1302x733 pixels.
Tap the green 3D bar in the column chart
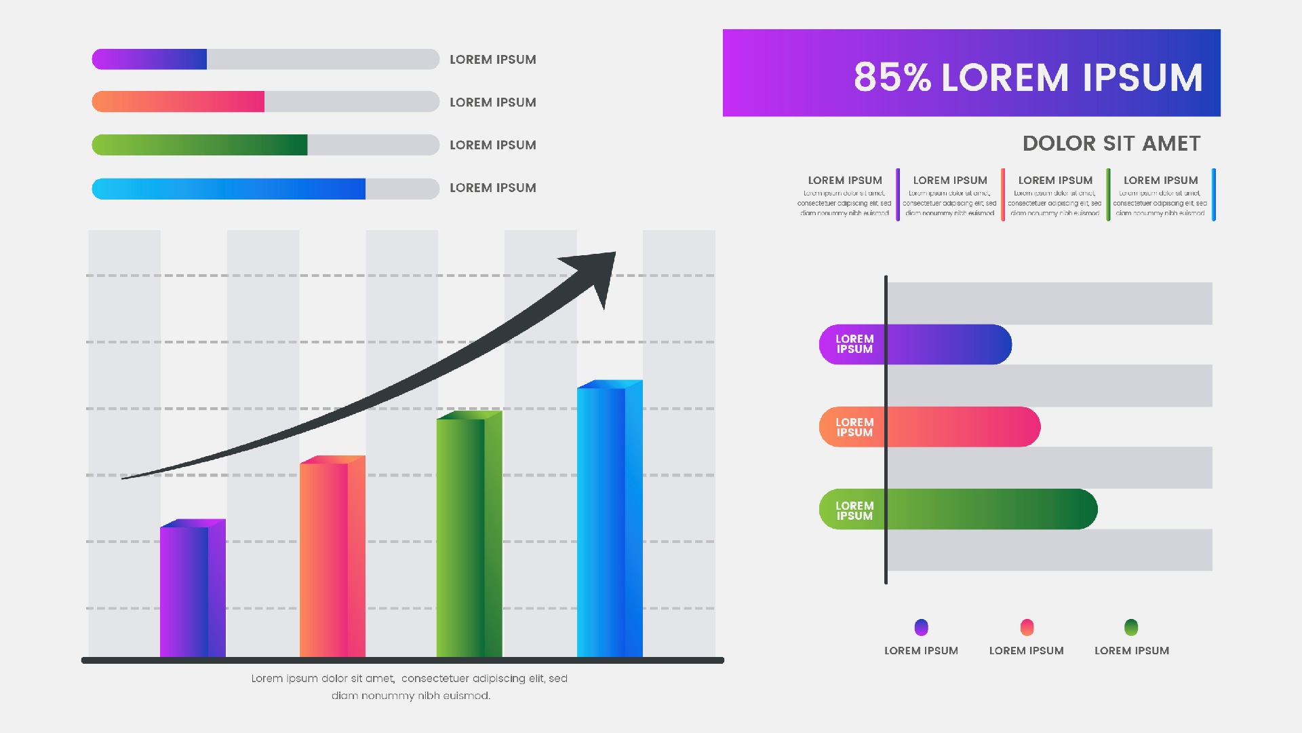point(469,535)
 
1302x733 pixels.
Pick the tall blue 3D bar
point(609,520)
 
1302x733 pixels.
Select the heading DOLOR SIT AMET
point(1111,144)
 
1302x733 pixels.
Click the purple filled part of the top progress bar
point(149,59)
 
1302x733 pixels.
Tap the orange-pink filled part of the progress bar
point(178,102)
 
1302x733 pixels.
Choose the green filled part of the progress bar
point(199,145)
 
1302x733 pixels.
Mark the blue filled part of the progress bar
point(229,189)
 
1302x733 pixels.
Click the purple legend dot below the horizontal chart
point(921,627)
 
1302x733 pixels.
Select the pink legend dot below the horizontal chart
point(1027,627)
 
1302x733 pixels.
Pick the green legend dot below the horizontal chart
point(1131,627)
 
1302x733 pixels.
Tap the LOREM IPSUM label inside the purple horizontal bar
point(854,344)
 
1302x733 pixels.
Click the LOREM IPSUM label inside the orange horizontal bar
point(854,427)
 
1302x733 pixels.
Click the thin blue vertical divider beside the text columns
point(1213,195)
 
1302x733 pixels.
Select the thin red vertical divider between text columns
point(1003,195)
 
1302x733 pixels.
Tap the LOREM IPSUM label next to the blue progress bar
point(493,188)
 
